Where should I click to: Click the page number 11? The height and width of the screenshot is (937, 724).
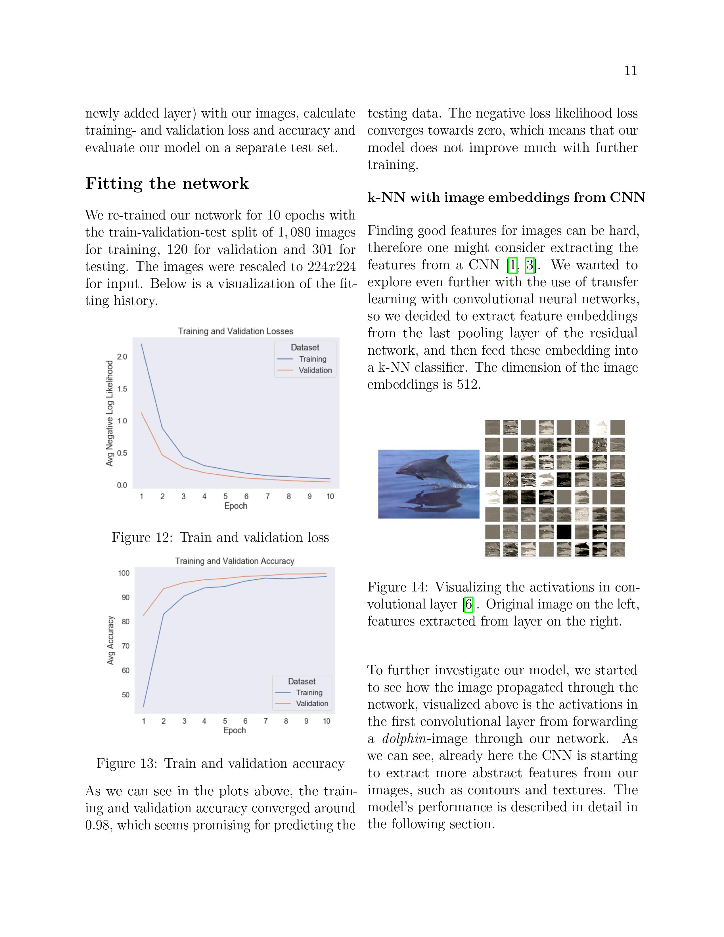pos(631,70)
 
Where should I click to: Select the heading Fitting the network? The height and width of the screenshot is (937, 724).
pos(167,184)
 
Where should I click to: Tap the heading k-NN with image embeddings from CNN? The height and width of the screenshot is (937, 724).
pos(506,197)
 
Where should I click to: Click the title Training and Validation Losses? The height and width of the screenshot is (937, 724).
pos(235,331)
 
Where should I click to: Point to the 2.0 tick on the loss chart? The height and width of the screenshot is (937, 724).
pos(122,357)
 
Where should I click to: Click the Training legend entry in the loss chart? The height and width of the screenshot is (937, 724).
pos(313,359)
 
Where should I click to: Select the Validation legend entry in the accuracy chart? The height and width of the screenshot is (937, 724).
pos(312,703)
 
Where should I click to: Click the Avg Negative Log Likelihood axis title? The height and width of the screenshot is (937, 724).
pos(110,413)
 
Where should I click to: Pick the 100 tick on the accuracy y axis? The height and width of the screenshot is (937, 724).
pos(124,573)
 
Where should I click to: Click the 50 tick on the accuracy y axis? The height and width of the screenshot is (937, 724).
pos(125,695)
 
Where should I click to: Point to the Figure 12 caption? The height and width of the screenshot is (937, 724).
pos(220,537)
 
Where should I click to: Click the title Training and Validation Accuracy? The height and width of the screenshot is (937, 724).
pos(234,561)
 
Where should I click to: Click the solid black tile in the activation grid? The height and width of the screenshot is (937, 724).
pos(564,532)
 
